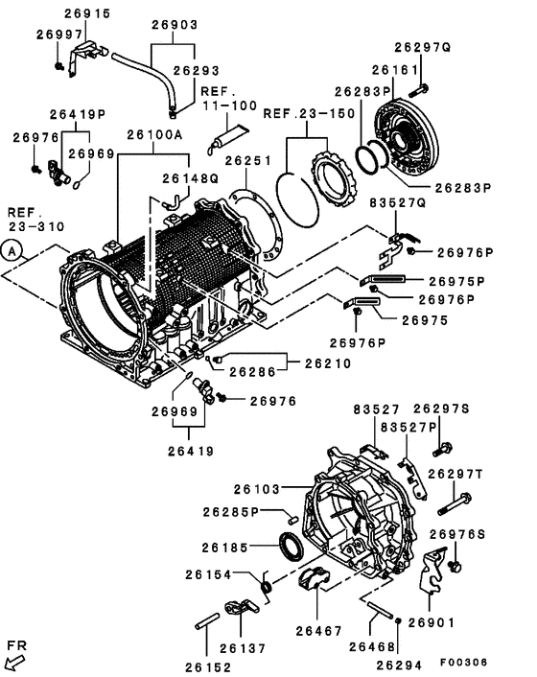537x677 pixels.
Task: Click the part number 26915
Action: [x=87, y=13]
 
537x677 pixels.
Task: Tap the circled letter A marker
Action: [x=12, y=250]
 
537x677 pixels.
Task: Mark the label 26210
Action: [x=329, y=363]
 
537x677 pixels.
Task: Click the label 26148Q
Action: [x=190, y=178]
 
